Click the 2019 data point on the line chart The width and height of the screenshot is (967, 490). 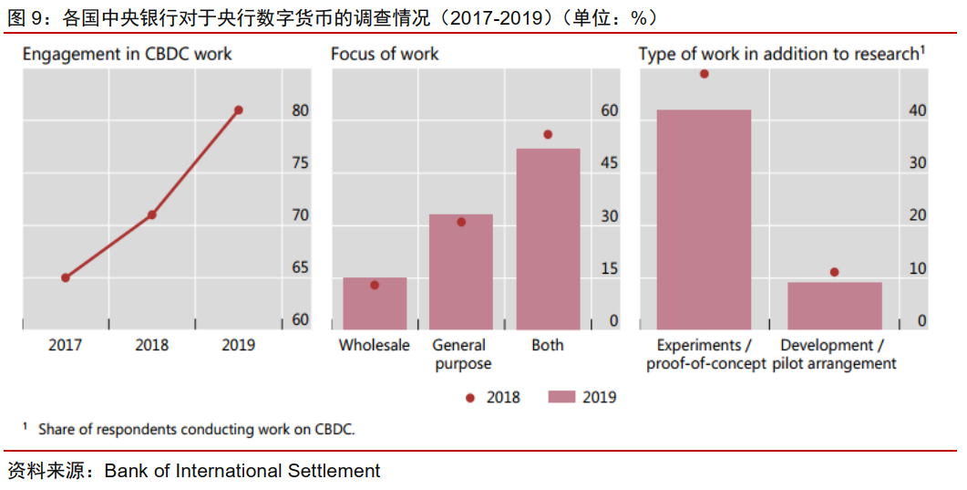coord(239,110)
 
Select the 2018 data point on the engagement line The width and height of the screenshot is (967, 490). coord(152,215)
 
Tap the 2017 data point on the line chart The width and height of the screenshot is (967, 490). coord(66,277)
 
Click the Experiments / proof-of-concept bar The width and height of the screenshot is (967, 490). coord(704,219)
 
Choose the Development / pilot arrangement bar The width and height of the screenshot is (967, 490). coord(835,306)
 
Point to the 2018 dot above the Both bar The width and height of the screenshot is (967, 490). coord(548,134)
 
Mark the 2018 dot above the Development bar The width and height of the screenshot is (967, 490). coord(834,272)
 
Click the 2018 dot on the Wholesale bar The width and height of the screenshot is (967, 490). coord(375,285)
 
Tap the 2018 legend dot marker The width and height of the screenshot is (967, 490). coord(470,397)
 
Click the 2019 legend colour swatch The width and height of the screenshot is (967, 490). coord(561,397)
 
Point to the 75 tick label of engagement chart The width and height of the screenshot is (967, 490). coord(300,163)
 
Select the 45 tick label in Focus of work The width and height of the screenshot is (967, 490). coord(608,163)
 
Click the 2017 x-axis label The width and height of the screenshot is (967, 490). coord(66,345)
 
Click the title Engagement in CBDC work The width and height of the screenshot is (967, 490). coord(128,54)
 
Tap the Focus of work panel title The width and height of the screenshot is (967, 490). coord(385,54)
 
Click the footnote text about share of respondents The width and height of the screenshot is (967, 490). coord(196,429)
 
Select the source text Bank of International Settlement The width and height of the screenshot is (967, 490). coord(242,471)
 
